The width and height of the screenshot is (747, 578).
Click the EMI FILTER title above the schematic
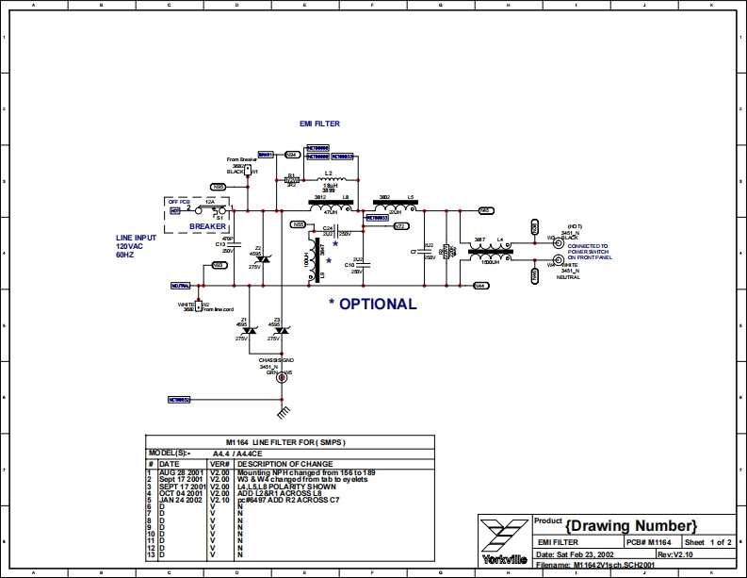pos(319,124)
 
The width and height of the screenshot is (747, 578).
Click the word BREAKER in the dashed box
pos(208,226)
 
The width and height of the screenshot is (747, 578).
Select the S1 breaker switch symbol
pos(219,210)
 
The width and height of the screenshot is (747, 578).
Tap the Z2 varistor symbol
pos(265,259)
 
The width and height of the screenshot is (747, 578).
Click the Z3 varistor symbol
pos(279,330)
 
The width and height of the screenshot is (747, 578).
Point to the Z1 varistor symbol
pos(247,330)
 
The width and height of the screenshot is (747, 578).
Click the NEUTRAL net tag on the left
pos(180,285)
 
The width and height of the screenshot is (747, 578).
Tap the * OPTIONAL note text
pos(371,305)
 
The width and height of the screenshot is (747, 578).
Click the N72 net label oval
pos(399,227)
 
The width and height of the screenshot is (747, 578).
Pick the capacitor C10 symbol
pos(364,266)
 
